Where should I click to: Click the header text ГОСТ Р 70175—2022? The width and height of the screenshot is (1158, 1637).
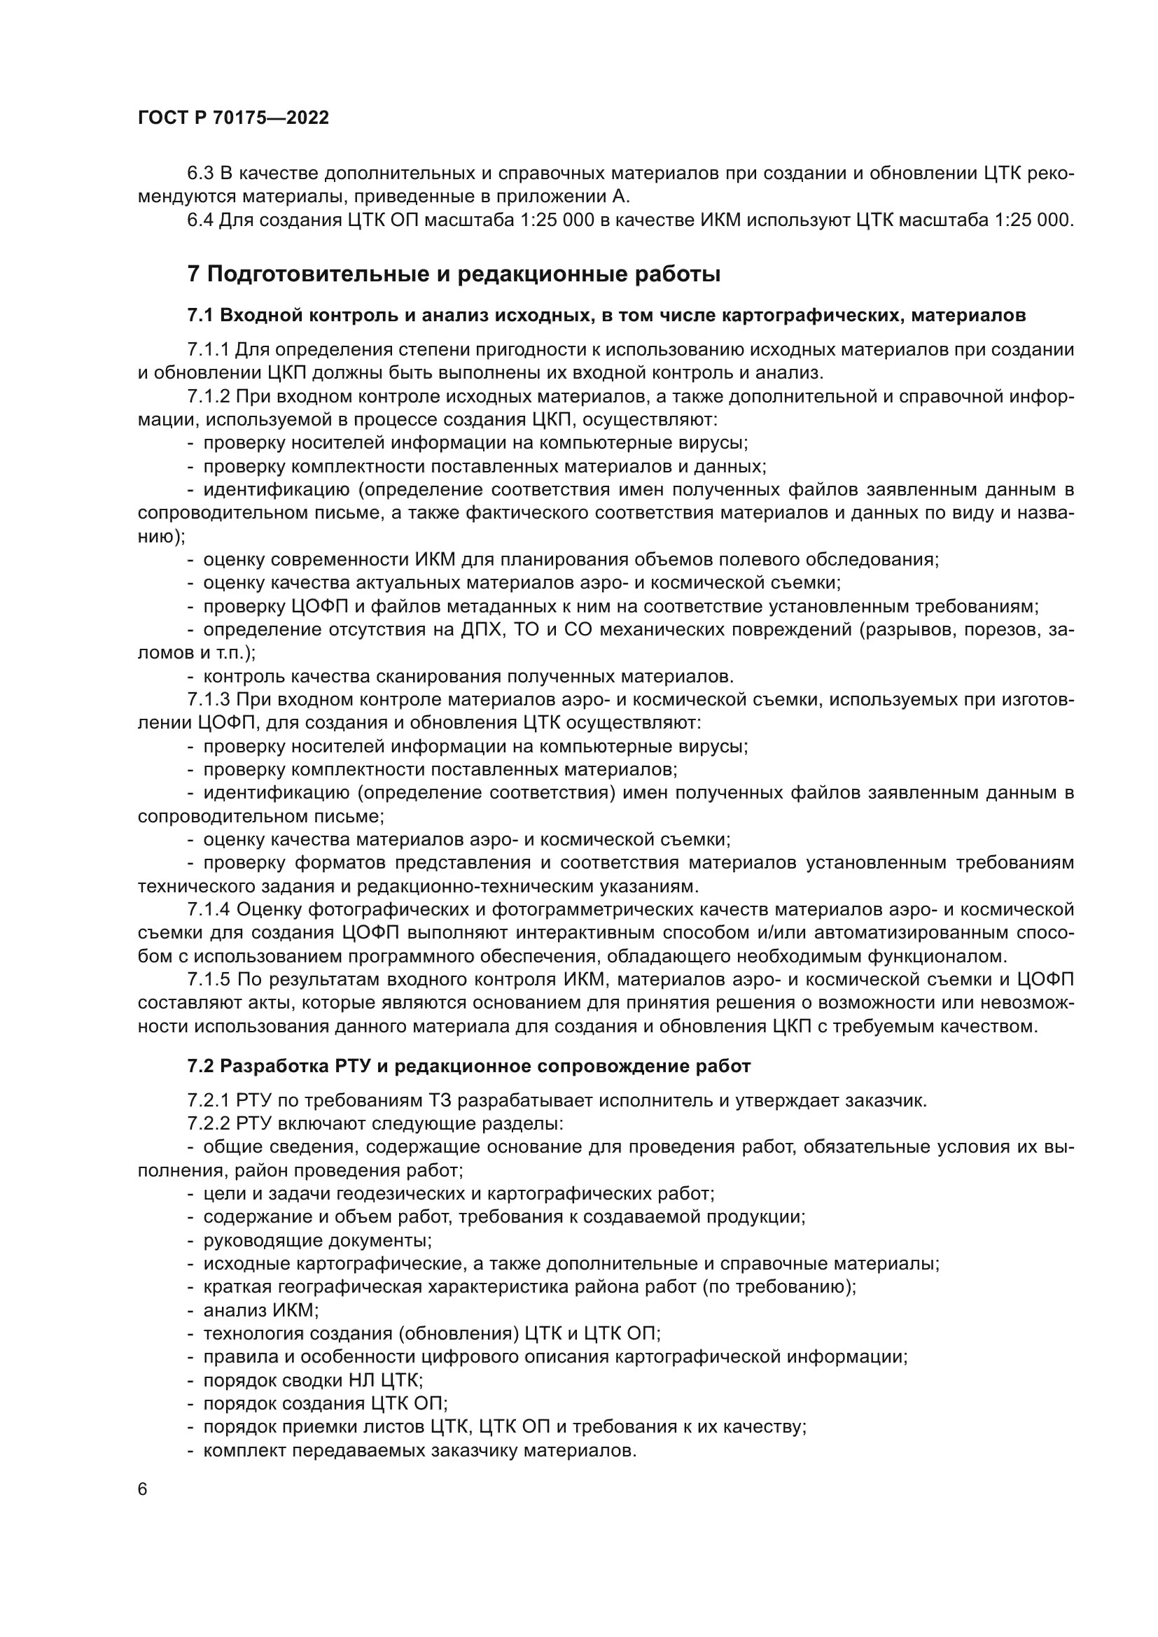tap(233, 118)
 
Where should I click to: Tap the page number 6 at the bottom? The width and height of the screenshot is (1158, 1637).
tap(143, 1490)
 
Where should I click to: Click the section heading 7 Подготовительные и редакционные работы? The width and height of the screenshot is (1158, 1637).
tap(454, 274)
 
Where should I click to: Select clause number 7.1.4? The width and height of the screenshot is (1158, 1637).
tap(208, 910)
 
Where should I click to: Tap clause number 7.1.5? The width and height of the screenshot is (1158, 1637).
tap(208, 980)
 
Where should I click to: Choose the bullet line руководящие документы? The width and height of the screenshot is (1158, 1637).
tap(317, 1241)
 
